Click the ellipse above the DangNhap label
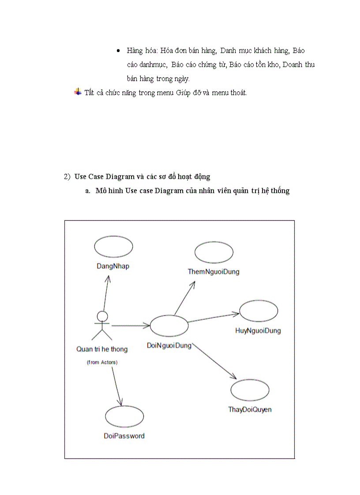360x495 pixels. [113, 246]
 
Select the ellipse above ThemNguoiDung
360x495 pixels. [214, 252]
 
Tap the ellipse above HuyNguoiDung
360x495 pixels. [259, 311]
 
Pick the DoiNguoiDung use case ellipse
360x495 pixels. [169, 326]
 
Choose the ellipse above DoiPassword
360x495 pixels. [124, 416]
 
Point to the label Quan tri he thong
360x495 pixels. [102, 349]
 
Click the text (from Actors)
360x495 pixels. [102, 362]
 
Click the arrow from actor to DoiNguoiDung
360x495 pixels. [131, 326]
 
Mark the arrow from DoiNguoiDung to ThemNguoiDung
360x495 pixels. [184, 298]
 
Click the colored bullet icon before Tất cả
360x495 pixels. [78, 92]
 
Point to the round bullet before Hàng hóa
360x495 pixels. [119, 51]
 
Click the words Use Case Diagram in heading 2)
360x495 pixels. [105, 176]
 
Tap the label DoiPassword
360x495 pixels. [124, 436]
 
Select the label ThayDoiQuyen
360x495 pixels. [250, 409]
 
